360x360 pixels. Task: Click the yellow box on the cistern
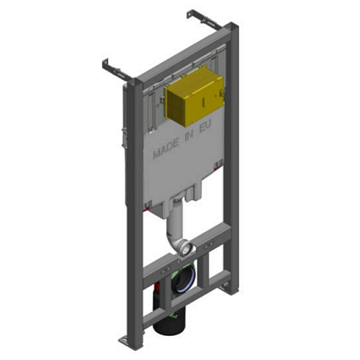pos(194,96)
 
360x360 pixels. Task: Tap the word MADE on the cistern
pos(166,150)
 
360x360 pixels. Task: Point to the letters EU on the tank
pos(206,126)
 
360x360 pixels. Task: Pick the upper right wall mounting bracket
pos(203,19)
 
